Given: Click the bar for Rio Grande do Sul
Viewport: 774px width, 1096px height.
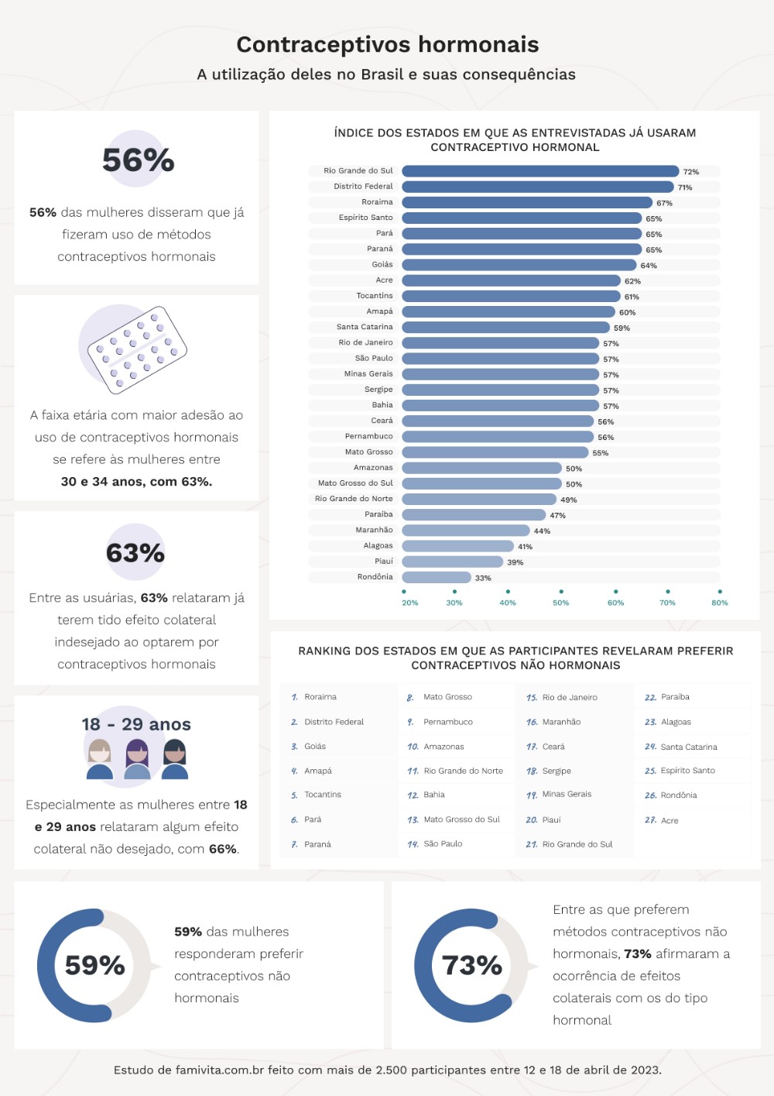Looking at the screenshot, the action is tap(540, 171).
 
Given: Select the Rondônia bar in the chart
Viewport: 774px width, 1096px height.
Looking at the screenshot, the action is tap(437, 577).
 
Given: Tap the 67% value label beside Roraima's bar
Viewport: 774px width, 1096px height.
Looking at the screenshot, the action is tap(664, 203).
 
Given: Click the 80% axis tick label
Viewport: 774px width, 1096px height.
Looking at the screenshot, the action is tap(720, 603).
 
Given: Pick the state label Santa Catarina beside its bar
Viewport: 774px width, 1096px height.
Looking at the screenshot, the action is tap(365, 327).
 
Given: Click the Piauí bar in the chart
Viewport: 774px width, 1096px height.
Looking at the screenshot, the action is tap(452, 562).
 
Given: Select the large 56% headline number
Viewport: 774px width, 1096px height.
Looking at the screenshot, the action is tap(138, 160).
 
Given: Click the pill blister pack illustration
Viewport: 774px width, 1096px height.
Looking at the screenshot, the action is tap(137, 350).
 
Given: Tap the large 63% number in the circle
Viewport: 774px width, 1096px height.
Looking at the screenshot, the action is tap(135, 553).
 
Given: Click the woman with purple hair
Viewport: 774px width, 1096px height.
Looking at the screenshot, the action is tap(137, 758).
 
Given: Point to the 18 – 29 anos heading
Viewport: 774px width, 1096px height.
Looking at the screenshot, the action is tap(136, 724).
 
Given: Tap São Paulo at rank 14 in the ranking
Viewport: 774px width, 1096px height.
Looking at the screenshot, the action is tap(435, 844).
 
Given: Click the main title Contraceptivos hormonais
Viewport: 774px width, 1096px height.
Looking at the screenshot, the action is tap(387, 44).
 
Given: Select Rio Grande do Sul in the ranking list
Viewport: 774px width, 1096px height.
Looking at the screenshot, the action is tap(569, 844).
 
